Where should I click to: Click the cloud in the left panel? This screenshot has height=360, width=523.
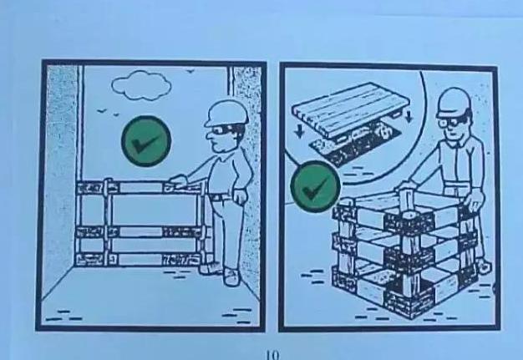pyautogui.click(x=141, y=85)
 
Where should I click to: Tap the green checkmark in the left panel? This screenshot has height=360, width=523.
pyautogui.click(x=146, y=141)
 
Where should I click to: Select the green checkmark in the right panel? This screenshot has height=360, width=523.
pyautogui.click(x=316, y=187)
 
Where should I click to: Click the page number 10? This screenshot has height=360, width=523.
pyautogui.click(x=272, y=355)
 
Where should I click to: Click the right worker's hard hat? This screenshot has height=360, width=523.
pyautogui.click(x=454, y=102)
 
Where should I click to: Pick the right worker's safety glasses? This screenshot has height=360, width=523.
pyautogui.click(x=449, y=122)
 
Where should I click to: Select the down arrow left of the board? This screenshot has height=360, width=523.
pyautogui.click(x=300, y=130)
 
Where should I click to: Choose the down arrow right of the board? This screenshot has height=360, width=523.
pyautogui.click(x=409, y=116)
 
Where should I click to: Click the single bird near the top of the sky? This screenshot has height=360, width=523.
pyautogui.click(x=190, y=71)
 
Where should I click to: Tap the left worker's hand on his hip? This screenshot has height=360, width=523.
pyautogui.click(x=240, y=195)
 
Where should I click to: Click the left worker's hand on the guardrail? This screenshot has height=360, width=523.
pyautogui.click(x=177, y=181)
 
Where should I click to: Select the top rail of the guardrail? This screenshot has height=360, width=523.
pyautogui.click(x=140, y=187)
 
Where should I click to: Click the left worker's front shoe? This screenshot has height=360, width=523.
pyautogui.click(x=231, y=277)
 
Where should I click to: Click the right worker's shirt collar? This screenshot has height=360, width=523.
pyautogui.click(x=454, y=144)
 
